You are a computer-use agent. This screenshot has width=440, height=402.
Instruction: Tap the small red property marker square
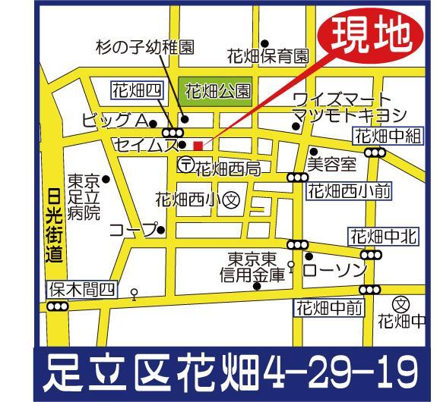pyautogui.click(x=198, y=145)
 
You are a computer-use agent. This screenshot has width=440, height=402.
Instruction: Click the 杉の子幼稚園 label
pyautogui.click(x=144, y=47)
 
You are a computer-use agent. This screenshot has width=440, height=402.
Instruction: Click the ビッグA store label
pyautogui.click(x=113, y=121)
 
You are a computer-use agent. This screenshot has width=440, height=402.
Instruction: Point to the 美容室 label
pyautogui.click(x=331, y=162)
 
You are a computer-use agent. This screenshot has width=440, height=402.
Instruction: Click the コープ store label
pyautogui.click(x=132, y=229)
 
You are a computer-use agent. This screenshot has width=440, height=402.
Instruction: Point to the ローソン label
pyautogui.click(x=335, y=269)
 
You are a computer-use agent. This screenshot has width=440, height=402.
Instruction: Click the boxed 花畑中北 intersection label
pyautogui.click(x=384, y=237)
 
